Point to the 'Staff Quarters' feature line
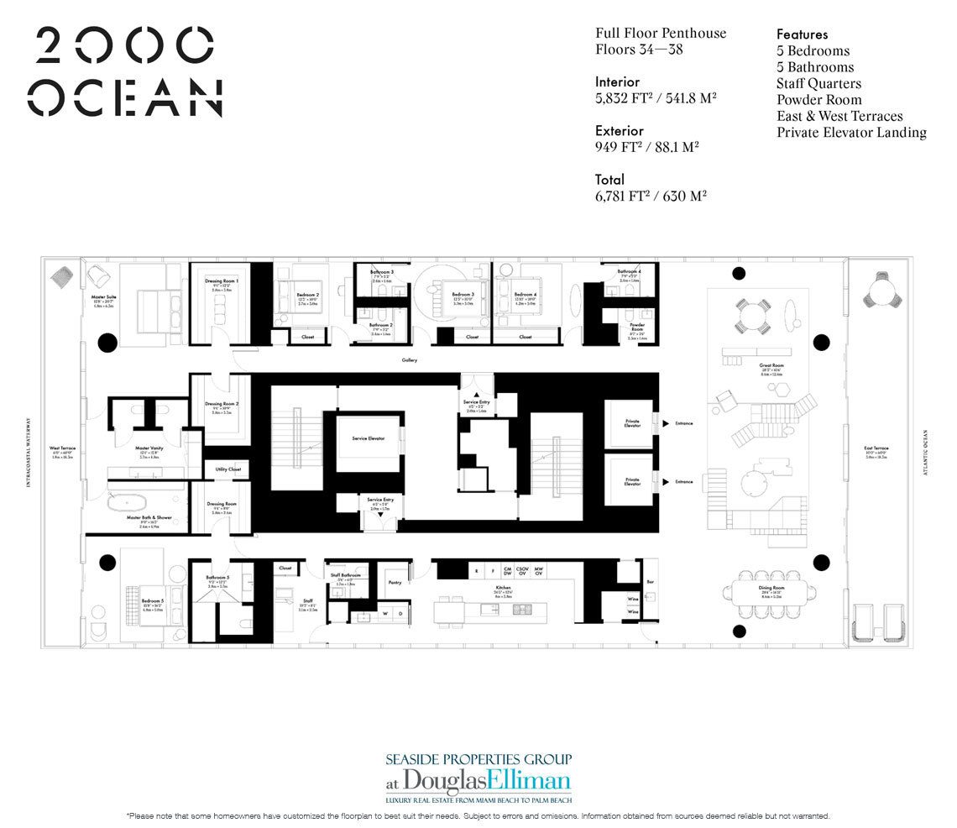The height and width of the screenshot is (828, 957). (818, 83)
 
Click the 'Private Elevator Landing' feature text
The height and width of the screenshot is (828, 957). (851, 132)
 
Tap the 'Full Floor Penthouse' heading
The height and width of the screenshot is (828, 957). (661, 34)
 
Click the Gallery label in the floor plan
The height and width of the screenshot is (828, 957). (409, 360)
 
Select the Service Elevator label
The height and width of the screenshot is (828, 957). (368, 438)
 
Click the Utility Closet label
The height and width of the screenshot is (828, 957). (227, 469)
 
